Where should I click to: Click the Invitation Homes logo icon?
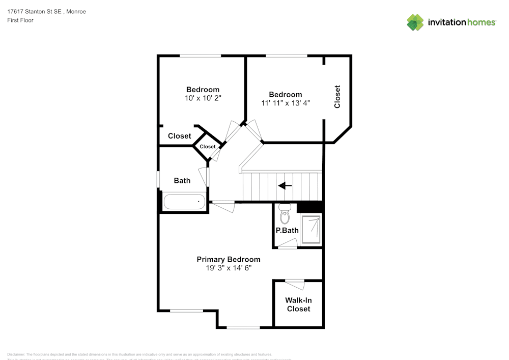[415, 22]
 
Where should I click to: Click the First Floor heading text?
[20, 20]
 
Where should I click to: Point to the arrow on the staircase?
[285, 186]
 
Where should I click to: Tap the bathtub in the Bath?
[184, 202]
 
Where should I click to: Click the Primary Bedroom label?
[228, 259]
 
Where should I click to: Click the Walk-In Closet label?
[298, 304]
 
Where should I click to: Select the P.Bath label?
[287, 230]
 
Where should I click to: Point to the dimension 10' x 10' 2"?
[203, 98]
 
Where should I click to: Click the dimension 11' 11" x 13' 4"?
[285, 103]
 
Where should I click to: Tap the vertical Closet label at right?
[337, 96]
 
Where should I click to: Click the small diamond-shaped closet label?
[207, 147]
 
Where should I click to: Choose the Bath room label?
[182, 180]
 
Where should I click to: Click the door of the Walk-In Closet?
[294, 281]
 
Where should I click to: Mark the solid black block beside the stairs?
[310, 207]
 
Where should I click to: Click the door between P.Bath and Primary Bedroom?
[288, 247]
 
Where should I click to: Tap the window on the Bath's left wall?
[158, 180]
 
